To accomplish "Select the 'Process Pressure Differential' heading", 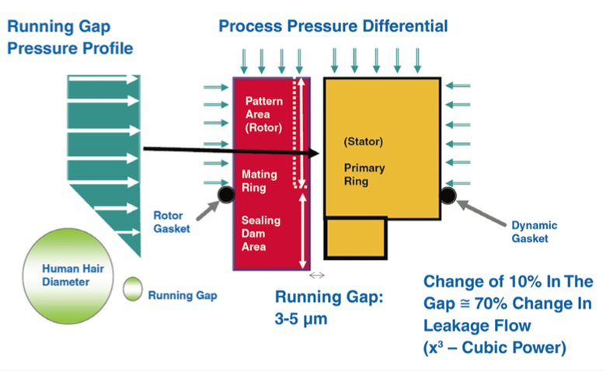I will [x=333, y=26].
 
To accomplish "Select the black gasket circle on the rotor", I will [x=226, y=194].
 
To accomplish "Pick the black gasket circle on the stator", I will [x=448, y=195].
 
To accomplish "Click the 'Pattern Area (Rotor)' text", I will [x=264, y=115].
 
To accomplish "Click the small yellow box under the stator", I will [x=355, y=238].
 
